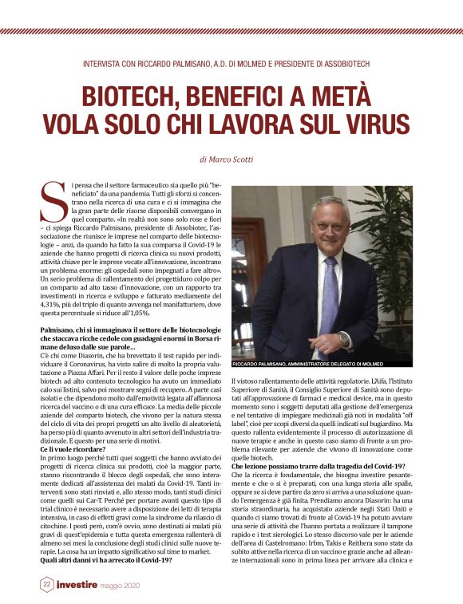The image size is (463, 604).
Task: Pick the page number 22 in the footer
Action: click(47, 585)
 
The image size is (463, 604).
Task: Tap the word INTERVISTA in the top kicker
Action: click(115, 63)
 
